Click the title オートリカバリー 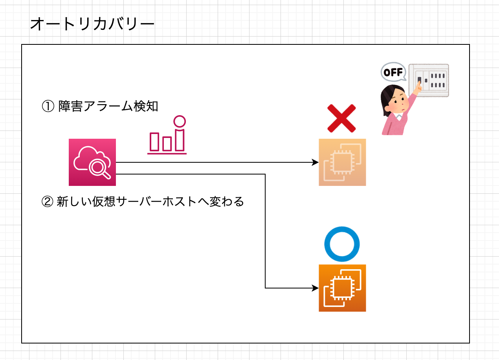pyautogui.click(x=92, y=24)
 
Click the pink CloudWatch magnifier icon pyautogui.click(x=92, y=162)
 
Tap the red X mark pyautogui.click(x=341, y=118)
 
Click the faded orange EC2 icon pyautogui.click(x=342, y=162)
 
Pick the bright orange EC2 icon pyautogui.click(x=342, y=288)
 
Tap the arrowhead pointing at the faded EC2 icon pyautogui.click(x=315, y=162)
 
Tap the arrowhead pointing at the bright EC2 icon pyautogui.click(x=315, y=288)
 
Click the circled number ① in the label pyautogui.click(x=48, y=107)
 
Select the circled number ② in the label pyautogui.click(x=48, y=202)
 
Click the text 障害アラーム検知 pyautogui.click(x=108, y=107)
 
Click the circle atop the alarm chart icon pyautogui.click(x=180, y=121)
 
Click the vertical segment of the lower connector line pyautogui.click(x=265, y=232)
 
